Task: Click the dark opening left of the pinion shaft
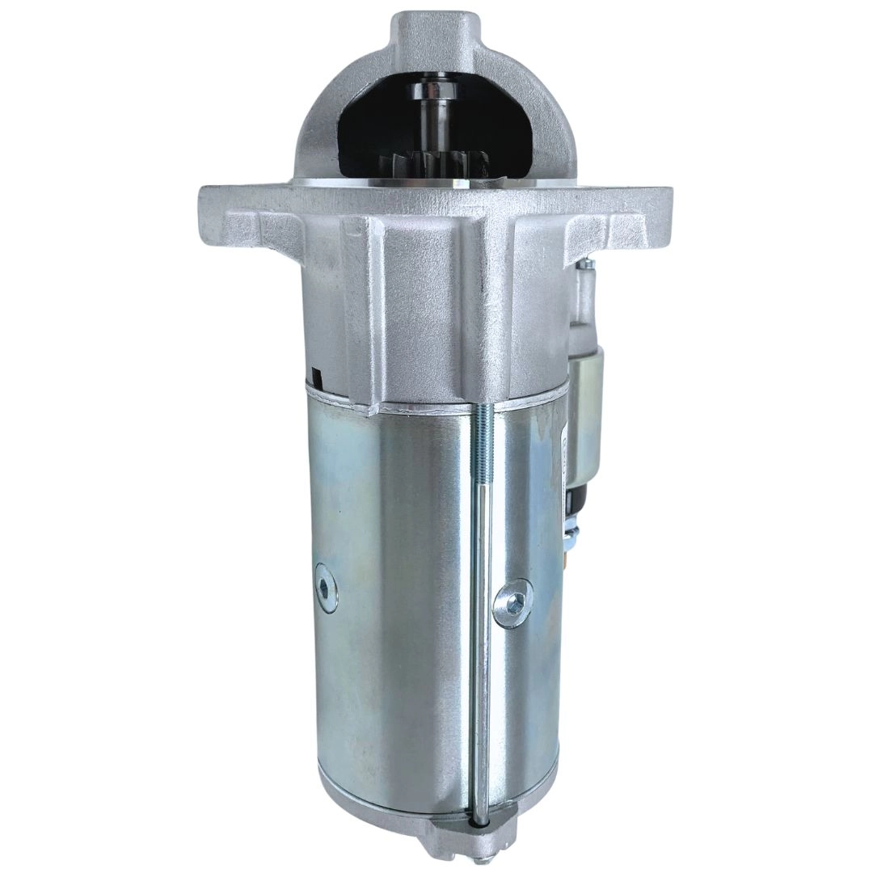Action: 372,129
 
